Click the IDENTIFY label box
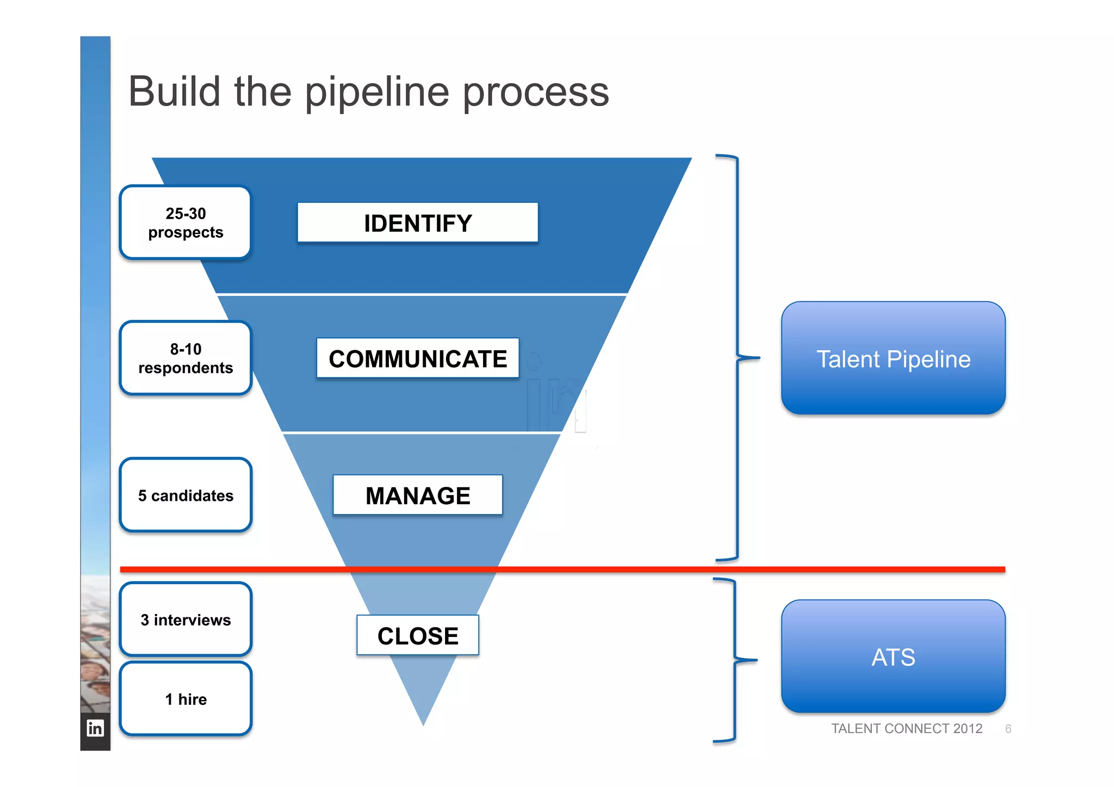pos(417,222)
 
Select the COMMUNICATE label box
pos(417,358)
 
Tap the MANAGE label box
pos(417,495)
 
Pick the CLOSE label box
pos(417,635)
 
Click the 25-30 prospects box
pos(185,222)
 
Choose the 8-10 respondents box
pos(185,358)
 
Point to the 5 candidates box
pos(185,495)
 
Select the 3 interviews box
pos(185,619)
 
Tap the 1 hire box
pos(185,699)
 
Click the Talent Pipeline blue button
pos(893,358)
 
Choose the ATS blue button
pos(893,656)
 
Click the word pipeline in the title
pos(377,92)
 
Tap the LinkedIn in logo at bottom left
pos(95,728)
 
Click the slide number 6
pos(1008,729)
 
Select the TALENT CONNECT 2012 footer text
pos(906,729)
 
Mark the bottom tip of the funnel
pos(423,723)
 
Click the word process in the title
pos(536,92)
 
